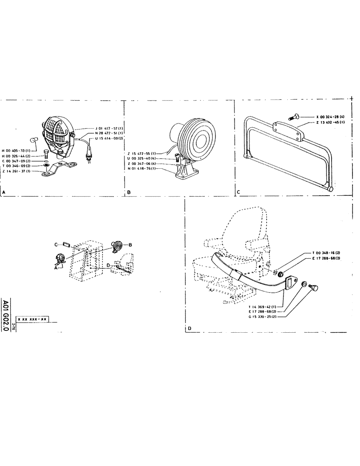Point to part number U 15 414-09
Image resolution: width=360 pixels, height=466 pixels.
[109, 138]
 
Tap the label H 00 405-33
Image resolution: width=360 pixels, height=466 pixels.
[15, 151]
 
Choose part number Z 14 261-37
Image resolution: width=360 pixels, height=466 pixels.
[16, 171]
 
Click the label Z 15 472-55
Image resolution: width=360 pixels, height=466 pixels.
[142, 153]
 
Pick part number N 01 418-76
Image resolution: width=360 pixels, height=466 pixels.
[142, 169]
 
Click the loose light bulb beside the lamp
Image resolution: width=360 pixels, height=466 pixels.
[34, 138]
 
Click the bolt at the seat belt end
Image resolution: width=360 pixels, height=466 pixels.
[314, 288]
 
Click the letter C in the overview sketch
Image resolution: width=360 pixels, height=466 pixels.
[56, 244]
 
